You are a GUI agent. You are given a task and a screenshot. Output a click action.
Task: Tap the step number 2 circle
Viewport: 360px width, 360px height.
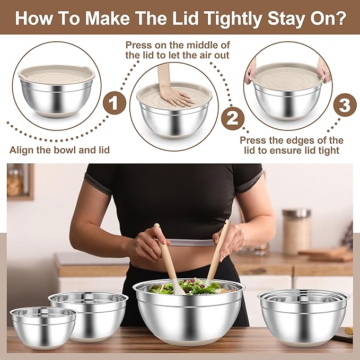click(x=232, y=118)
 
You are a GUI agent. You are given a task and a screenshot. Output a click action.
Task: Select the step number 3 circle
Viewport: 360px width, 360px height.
click(x=344, y=106)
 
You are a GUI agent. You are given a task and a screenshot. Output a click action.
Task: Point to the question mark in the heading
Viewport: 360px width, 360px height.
click(x=340, y=19)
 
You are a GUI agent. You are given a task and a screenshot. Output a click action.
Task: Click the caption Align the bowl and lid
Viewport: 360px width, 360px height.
click(x=59, y=150)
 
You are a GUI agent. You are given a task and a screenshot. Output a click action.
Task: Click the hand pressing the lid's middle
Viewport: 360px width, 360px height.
click(x=174, y=97)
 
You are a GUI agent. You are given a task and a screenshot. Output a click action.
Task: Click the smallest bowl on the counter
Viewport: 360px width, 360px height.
click(x=43, y=327)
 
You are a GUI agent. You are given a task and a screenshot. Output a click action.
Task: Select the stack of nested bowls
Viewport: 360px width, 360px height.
click(x=303, y=315)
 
